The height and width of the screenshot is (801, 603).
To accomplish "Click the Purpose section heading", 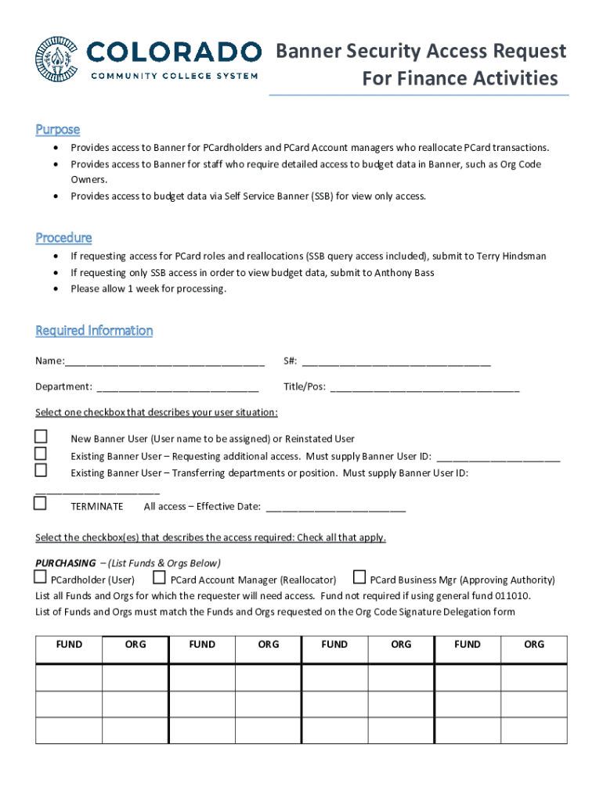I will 57,129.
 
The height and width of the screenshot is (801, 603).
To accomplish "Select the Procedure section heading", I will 63,237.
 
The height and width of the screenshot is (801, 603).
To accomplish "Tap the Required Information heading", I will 94,330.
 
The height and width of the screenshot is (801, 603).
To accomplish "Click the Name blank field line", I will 164,362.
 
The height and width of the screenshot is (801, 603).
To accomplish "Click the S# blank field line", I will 396,362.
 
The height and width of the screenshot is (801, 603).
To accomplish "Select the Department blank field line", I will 177,387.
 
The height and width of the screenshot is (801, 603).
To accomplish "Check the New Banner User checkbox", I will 41,436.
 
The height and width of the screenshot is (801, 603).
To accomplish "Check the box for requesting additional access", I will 41,454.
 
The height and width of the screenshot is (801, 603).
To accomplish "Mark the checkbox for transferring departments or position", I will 41,470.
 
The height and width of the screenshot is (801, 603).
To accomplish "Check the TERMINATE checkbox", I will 41,504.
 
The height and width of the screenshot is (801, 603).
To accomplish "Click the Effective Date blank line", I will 336,508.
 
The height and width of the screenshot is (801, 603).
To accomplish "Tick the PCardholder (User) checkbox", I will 41,578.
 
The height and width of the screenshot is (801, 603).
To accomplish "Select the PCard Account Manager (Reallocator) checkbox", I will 159,578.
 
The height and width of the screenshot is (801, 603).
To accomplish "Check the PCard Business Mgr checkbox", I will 359,578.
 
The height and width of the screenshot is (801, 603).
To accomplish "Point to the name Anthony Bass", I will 404,272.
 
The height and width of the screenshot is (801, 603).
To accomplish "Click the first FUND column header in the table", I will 69,645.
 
